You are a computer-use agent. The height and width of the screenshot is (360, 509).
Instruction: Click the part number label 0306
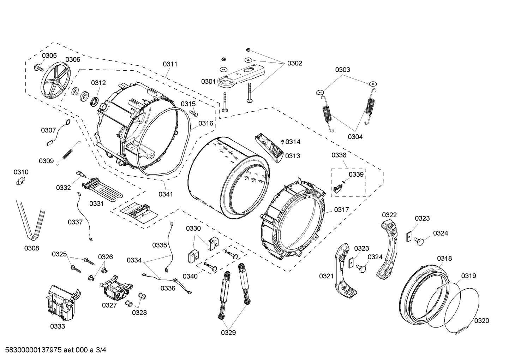click(x=73, y=60)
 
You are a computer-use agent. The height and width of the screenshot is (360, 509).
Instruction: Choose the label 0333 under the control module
click(x=58, y=326)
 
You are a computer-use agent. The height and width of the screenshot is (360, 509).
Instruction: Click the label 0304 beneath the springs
click(x=355, y=137)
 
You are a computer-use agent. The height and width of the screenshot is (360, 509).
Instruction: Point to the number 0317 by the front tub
click(x=341, y=210)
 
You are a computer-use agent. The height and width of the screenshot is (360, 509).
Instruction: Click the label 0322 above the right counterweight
click(x=389, y=215)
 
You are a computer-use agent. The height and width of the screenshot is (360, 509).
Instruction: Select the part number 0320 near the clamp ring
click(x=481, y=320)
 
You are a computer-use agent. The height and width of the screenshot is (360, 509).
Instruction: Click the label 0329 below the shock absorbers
click(x=229, y=332)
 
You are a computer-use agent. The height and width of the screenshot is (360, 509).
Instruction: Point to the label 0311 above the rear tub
click(x=170, y=64)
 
